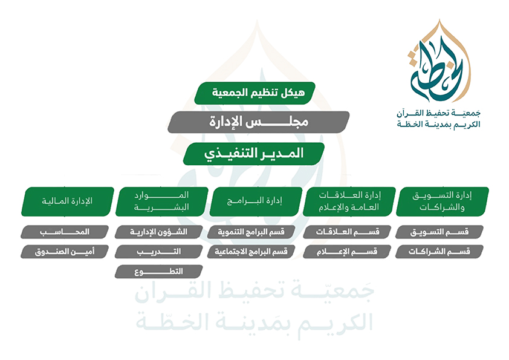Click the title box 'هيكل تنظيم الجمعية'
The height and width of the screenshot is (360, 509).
tap(255, 93)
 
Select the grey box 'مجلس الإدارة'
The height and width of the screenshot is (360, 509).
tap(258, 122)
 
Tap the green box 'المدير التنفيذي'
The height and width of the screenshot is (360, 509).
tap(254, 154)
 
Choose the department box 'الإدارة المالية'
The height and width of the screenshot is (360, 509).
tap(68, 201)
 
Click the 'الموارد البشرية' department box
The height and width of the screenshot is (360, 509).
tap(161, 201)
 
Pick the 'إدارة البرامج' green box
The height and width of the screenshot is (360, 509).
tap(256, 201)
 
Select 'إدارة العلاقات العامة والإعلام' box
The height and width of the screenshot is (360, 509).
tap(349, 201)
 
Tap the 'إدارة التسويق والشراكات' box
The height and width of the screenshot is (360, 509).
tap(443, 201)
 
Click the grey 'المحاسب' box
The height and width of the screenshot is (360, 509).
tap(65, 232)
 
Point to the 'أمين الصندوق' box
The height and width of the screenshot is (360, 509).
tap(65, 252)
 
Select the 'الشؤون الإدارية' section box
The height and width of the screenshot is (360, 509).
tap(159, 232)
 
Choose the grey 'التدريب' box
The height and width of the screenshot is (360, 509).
tap(159, 252)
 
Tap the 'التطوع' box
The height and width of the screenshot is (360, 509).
tap(159, 272)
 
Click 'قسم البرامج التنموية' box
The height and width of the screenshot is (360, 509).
tap(251, 232)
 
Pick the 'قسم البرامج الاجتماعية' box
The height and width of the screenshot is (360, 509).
tap(251, 252)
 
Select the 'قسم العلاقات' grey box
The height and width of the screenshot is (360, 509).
tap(347, 232)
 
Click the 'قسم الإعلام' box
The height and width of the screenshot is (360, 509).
tap(347, 252)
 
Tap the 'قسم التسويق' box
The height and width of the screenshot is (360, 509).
tap(439, 232)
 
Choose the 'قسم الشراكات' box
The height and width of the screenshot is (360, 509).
tap(439, 252)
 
